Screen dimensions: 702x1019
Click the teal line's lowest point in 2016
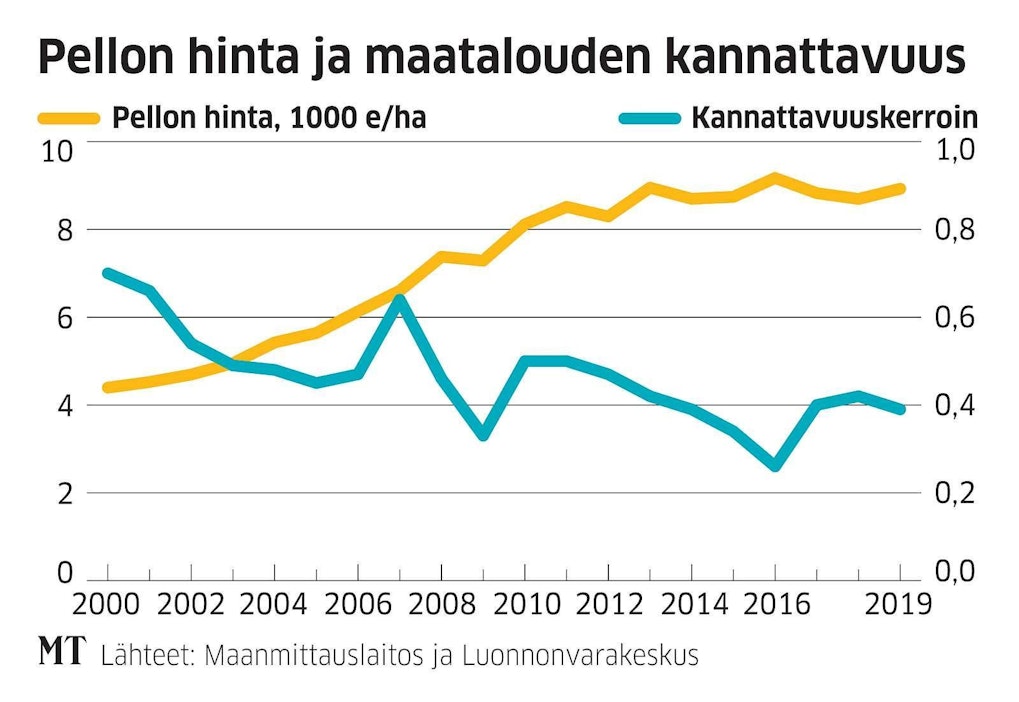[775, 466]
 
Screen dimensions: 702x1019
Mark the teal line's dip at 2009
[483, 435]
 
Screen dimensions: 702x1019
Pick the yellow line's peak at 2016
[775, 178]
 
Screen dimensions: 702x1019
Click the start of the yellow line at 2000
[108, 387]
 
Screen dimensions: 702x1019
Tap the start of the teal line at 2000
[108, 272]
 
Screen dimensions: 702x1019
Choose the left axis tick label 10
[58, 152]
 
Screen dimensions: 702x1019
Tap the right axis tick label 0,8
[954, 230]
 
